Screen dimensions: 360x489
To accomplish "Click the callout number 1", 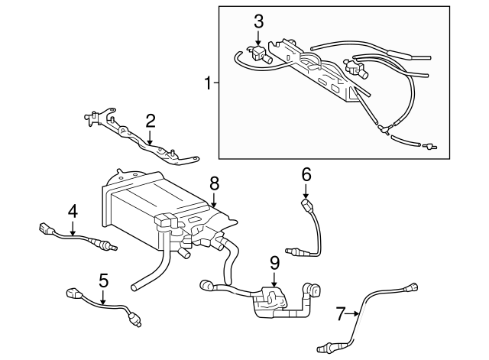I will point(207,82).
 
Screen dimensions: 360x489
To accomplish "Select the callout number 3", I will point(259,21).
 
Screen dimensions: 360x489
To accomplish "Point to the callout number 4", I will point(73,209).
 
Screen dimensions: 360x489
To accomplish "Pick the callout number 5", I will point(102,279).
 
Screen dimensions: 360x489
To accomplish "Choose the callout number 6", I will point(306,175).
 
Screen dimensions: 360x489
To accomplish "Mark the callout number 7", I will point(341,312).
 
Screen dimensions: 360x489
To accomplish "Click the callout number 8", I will point(214,183).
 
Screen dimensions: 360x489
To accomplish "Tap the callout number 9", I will point(274,263).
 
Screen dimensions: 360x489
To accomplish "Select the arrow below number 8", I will point(214,201).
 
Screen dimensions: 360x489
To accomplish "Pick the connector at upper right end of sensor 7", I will point(413,288).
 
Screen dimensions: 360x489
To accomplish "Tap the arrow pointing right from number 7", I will point(353,312).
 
